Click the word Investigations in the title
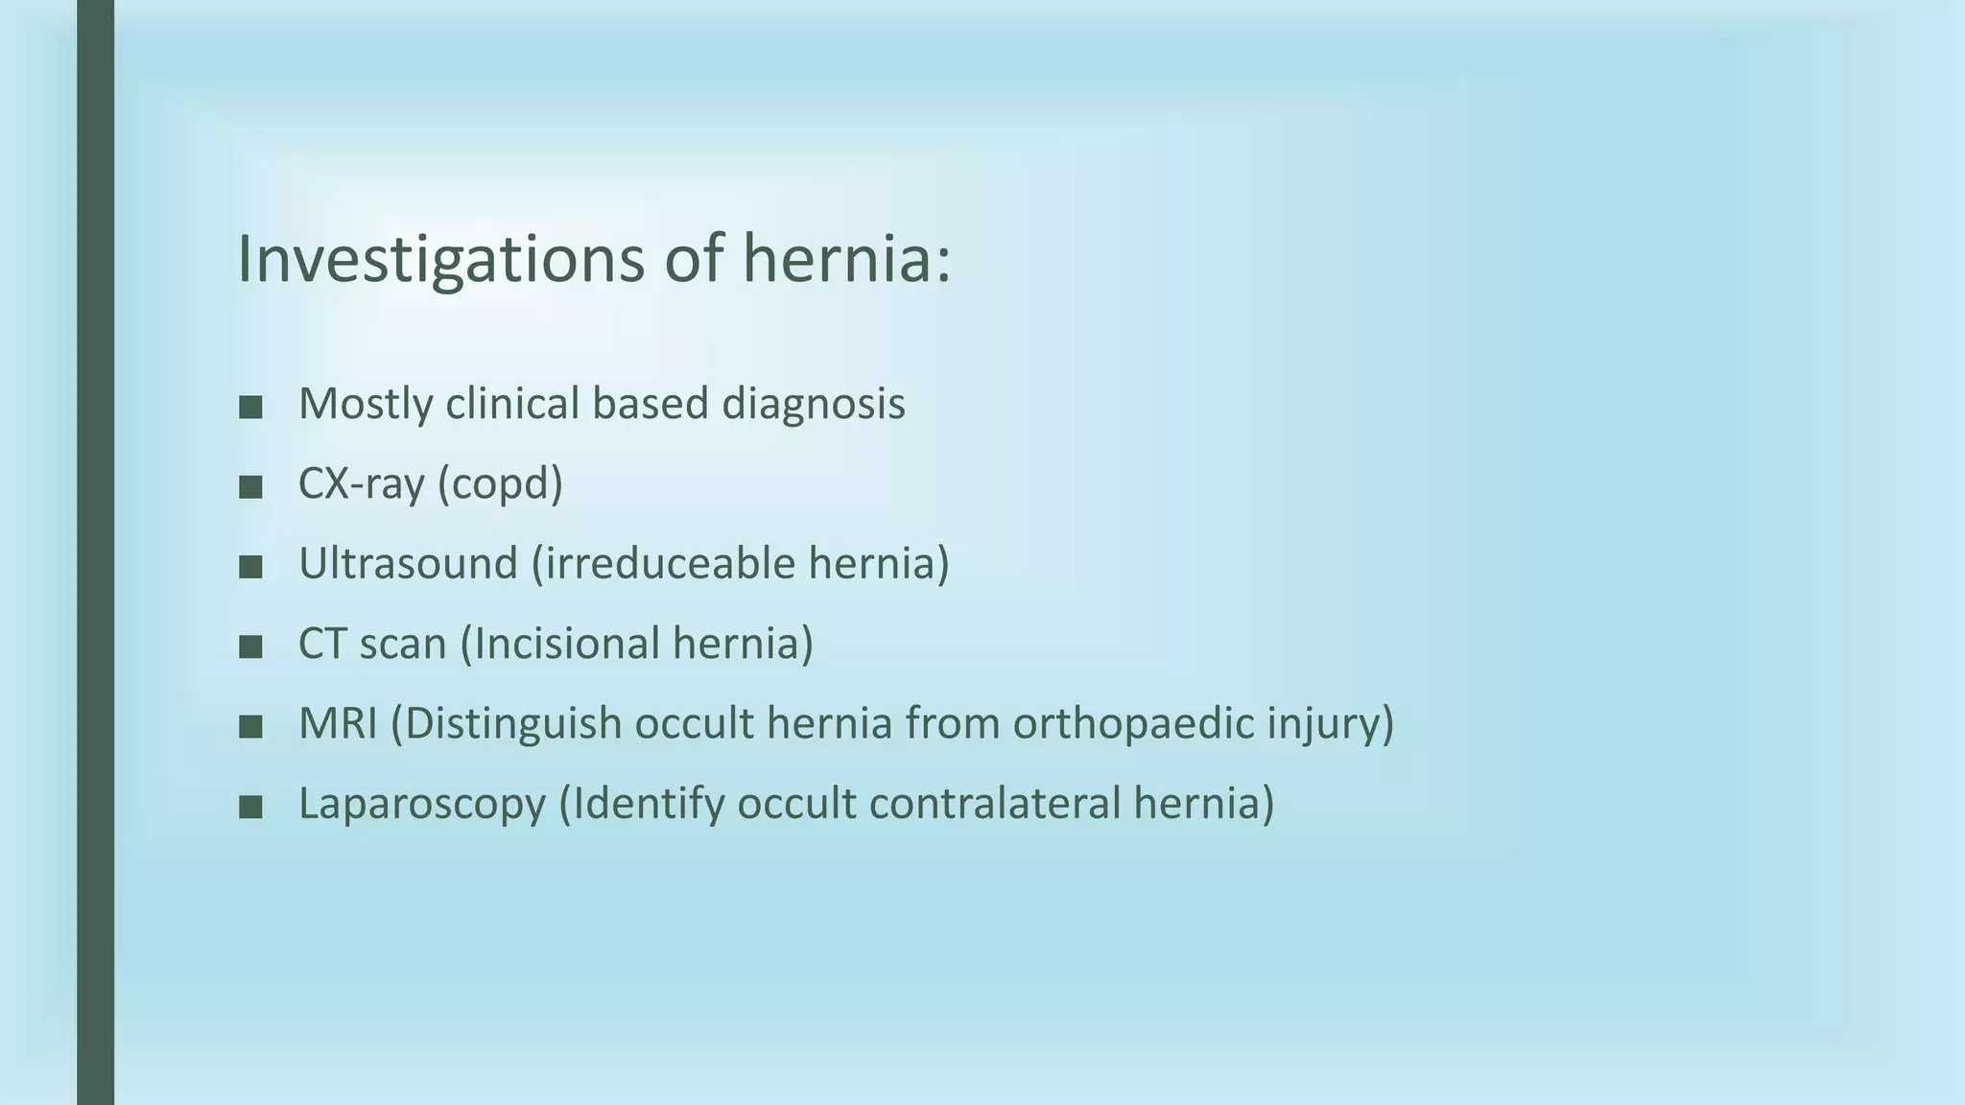440,259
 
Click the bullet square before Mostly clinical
250,407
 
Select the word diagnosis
813,404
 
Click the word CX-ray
361,483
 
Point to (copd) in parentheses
500,483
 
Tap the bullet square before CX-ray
250,487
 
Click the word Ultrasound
408,563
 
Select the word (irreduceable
663,563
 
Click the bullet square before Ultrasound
250,567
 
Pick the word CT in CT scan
322,644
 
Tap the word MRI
338,723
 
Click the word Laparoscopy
422,804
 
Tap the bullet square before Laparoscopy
250,808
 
